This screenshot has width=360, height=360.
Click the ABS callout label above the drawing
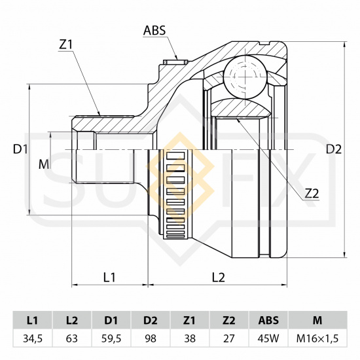154,30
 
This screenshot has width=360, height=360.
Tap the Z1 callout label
66,45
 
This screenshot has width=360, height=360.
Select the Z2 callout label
312,194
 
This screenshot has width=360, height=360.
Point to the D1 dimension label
20,149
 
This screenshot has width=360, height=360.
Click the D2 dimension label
334,149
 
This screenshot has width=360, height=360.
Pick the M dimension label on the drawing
44,164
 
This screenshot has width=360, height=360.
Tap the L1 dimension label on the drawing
109,278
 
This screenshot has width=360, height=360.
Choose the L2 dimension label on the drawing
218,278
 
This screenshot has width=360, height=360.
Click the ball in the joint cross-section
245,77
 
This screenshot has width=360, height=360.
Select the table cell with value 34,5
33,338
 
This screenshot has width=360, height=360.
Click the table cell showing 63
72,338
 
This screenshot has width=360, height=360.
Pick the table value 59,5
111,338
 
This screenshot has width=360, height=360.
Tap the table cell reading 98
151,338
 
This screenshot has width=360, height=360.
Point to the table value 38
190,338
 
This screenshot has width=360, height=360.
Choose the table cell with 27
229,338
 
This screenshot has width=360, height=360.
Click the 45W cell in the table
268,338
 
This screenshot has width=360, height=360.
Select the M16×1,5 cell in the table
317,338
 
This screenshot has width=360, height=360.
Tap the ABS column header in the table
268,320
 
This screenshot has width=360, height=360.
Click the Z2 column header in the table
229,320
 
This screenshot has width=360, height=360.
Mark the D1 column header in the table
111,320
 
